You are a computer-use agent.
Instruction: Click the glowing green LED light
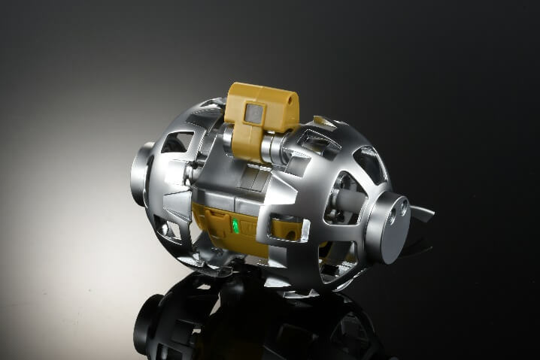(235, 226)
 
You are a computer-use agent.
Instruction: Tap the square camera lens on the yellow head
(255, 113)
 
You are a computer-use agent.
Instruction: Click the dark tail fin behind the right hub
(423, 214)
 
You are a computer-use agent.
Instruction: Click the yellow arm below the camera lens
(247, 143)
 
